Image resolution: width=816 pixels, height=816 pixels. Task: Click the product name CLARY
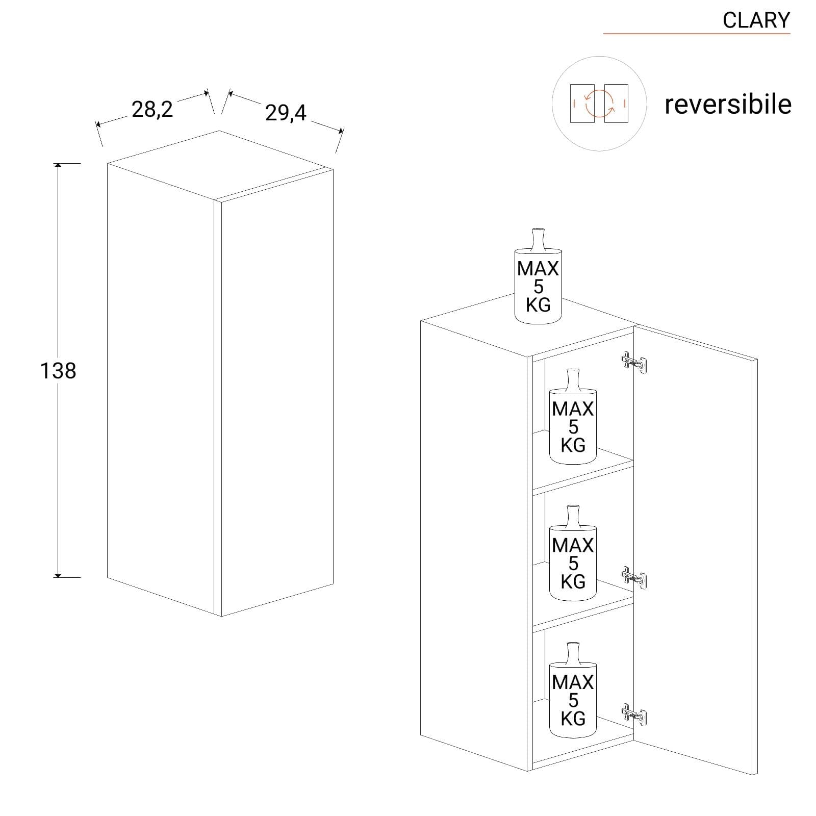(756, 20)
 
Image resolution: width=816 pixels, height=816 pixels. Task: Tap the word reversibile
(728, 104)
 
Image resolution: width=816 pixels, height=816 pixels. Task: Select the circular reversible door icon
(599, 104)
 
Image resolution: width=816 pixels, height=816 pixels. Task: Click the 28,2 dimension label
(152, 109)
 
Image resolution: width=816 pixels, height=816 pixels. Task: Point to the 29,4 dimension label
(286, 112)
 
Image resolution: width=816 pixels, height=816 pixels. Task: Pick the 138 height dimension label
(58, 371)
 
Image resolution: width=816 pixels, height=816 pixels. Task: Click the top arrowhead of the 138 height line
(58, 166)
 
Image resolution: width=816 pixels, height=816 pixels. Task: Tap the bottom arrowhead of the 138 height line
(58, 575)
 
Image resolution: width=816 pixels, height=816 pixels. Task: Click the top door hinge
(634, 362)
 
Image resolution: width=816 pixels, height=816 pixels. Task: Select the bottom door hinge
(634, 715)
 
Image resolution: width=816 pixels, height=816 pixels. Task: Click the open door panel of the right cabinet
(695, 551)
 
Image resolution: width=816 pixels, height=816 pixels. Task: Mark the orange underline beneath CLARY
(697, 34)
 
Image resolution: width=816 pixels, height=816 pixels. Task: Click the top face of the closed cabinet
(220, 165)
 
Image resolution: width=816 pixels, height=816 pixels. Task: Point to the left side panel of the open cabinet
(474, 546)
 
